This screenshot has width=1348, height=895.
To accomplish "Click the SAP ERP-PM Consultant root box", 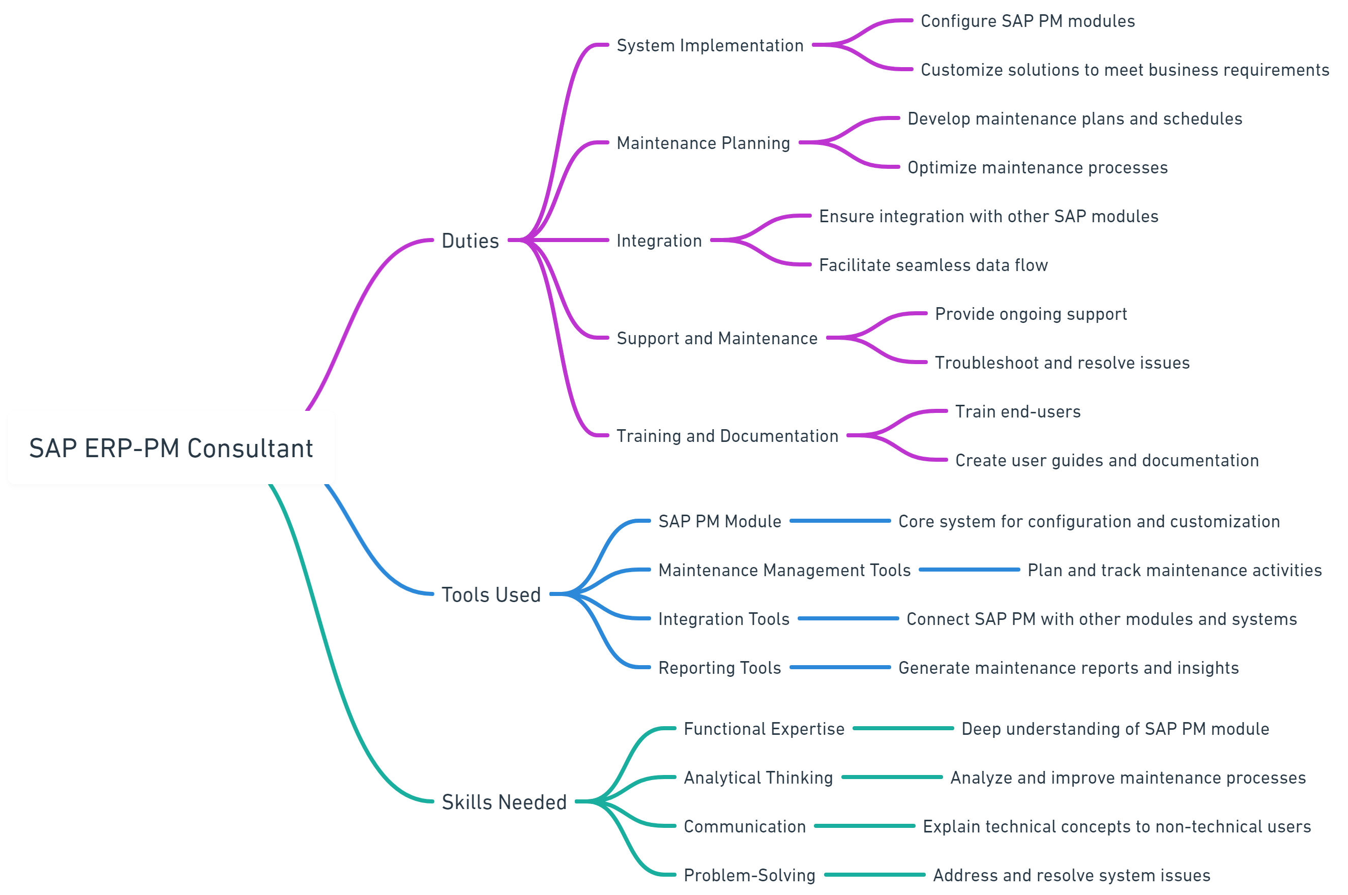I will click(171, 447).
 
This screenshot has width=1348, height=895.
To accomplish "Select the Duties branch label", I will click(470, 241).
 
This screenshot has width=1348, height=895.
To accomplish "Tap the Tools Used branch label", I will click(491, 595).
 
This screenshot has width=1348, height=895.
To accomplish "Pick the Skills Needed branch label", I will click(504, 802).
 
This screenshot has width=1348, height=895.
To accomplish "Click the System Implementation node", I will click(710, 45).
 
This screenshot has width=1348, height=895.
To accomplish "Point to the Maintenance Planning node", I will click(703, 143).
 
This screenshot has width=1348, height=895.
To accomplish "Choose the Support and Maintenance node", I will click(717, 339).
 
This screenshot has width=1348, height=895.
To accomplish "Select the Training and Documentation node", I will click(727, 436).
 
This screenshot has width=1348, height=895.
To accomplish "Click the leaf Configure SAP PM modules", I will click(1027, 21).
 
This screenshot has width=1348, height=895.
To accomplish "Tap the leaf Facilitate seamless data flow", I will click(933, 265).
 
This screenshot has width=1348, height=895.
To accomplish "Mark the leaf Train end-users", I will click(1017, 411).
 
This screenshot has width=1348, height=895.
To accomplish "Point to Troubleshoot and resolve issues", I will click(1062, 363).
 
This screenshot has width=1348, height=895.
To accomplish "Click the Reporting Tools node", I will click(719, 668).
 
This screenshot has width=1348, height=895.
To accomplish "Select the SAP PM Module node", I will click(719, 521).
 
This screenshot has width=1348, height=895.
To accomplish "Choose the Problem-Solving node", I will click(749, 875).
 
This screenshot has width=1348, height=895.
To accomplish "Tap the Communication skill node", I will click(745, 826).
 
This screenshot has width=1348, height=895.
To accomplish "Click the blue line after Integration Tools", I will click(848, 619).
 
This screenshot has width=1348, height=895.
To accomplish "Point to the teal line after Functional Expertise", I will click(903, 728).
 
